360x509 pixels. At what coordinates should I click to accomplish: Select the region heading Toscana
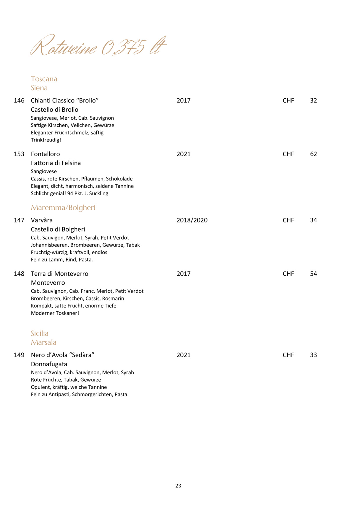pos(44,79)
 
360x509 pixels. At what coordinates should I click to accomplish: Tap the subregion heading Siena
pos(39,88)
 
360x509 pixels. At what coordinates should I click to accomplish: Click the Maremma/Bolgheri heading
pos(63,208)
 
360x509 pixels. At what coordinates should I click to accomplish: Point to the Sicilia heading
pos(40,333)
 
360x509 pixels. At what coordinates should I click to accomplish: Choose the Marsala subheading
pos(43,342)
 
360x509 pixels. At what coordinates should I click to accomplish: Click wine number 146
pos(19,100)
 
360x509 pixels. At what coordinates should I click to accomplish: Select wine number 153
pos(19,154)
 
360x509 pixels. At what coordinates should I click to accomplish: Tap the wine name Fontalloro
pos(45,154)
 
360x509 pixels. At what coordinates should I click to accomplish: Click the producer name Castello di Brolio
pos(54,110)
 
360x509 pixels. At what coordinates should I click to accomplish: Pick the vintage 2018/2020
pos(192,220)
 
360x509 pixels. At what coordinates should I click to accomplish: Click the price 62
pos(313,154)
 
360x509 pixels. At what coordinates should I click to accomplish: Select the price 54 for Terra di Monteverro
pos(313,274)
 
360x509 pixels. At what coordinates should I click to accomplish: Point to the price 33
pos(313,355)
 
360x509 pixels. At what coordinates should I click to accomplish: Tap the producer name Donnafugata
pos(49,364)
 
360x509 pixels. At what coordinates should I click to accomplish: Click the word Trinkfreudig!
pos(46,140)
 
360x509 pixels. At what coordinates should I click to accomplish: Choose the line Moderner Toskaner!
pos(55,313)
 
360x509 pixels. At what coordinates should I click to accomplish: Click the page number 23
pos(178,486)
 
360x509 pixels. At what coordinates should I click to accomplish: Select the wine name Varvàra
pos(42,220)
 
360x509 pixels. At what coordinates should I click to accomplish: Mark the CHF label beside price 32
pos(288,100)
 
